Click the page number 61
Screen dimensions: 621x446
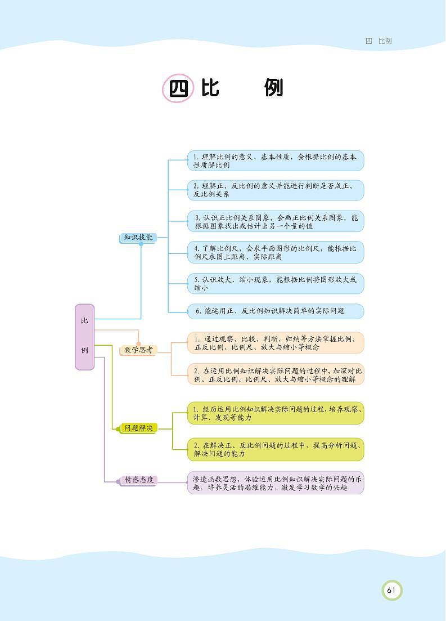click(391, 591)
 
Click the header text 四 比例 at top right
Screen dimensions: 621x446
click(378, 41)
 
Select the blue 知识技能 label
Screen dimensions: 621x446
click(138, 238)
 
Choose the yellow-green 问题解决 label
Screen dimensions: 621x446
click(138, 428)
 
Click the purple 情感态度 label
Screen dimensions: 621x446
click(138, 480)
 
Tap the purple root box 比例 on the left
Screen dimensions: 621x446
click(84, 337)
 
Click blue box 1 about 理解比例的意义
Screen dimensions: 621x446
click(276, 161)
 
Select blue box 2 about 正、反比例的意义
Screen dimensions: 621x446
click(276, 190)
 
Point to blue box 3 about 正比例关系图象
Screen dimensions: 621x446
click(276, 221)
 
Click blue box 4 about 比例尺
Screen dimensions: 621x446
click(276, 252)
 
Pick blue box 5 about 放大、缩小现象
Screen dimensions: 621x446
click(276, 283)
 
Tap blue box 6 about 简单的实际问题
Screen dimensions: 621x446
click(276, 311)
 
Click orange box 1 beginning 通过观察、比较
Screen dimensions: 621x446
click(276, 343)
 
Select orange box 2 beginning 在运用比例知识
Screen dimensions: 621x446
click(276, 374)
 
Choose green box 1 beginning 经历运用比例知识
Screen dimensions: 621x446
click(276, 413)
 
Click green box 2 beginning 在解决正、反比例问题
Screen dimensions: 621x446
click(276, 449)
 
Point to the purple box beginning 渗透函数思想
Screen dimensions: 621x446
click(276, 483)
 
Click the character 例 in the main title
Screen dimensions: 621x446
click(274, 88)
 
